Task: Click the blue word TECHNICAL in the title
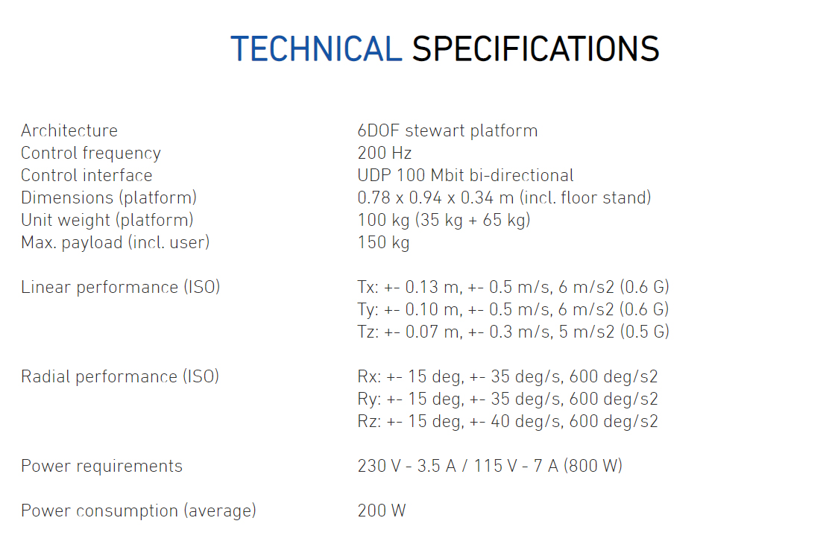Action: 316,48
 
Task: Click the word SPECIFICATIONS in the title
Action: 535,48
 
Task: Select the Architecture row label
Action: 69,130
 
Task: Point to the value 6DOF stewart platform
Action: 447,130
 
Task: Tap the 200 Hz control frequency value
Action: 385,153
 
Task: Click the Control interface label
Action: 86,175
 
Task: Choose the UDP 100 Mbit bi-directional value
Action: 465,175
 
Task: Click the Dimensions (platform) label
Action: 109,197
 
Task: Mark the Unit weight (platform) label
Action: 107,220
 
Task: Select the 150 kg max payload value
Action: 384,242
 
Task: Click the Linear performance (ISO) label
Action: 121,288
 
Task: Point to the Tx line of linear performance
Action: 513,288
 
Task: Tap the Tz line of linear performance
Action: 513,332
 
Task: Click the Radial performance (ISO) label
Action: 120,376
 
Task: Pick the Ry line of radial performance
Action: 508,399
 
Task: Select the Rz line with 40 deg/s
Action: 508,421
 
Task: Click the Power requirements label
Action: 102,466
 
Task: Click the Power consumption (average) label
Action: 139,511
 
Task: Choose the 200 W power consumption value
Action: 382,511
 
